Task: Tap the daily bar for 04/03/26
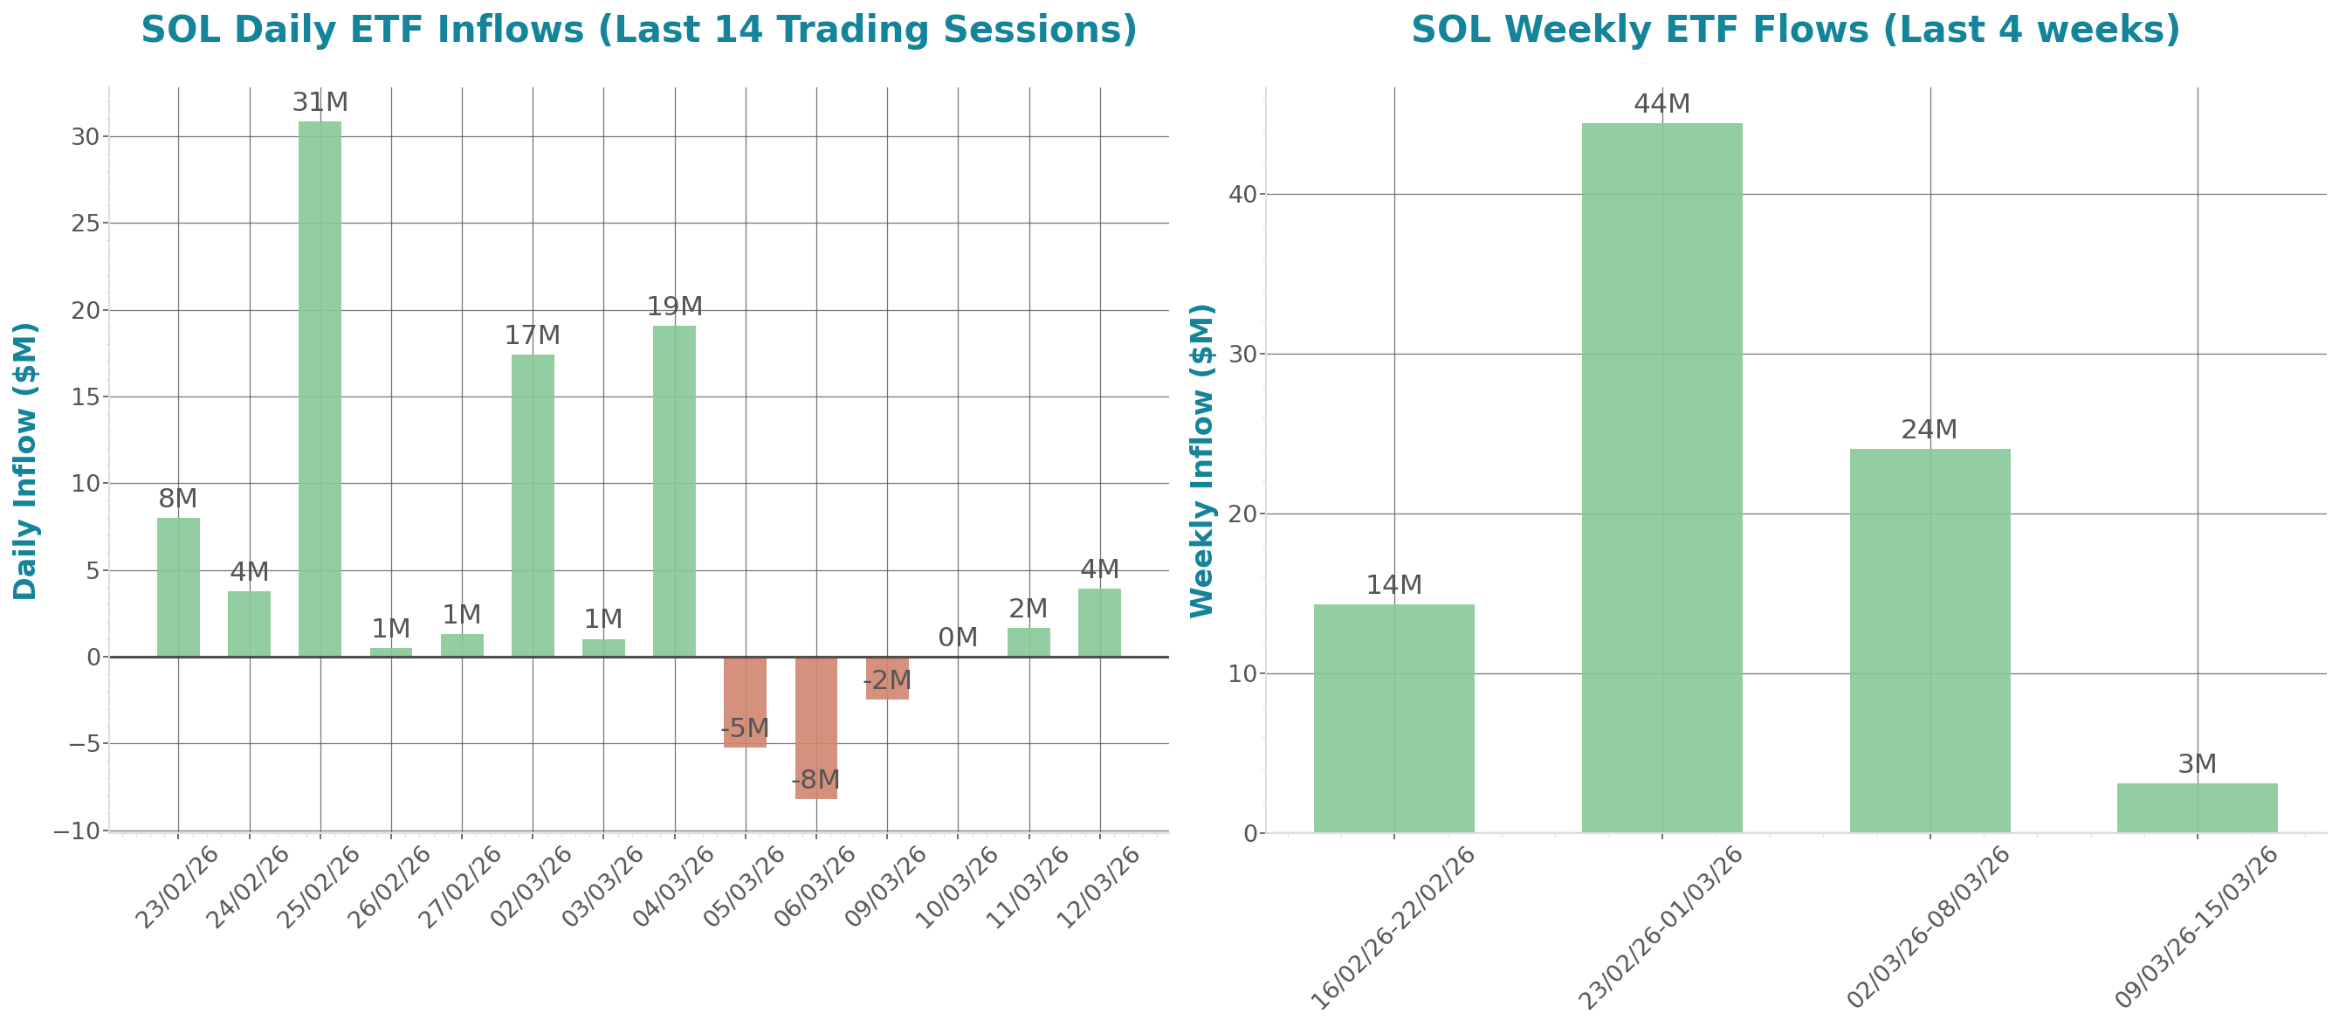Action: (675, 490)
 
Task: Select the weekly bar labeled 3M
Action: (2197, 807)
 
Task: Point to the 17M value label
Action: (532, 336)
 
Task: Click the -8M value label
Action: (815, 780)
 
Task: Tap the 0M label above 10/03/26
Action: (957, 638)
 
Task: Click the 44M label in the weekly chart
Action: (1661, 105)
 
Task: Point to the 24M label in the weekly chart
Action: (1929, 430)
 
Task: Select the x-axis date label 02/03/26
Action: (530, 886)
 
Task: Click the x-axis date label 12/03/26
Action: (1097, 886)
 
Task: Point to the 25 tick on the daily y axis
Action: (86, 223)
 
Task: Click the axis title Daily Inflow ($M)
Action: (25, 460)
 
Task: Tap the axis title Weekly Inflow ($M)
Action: (1201, 460)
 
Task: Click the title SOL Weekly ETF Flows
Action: (1795, 30)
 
